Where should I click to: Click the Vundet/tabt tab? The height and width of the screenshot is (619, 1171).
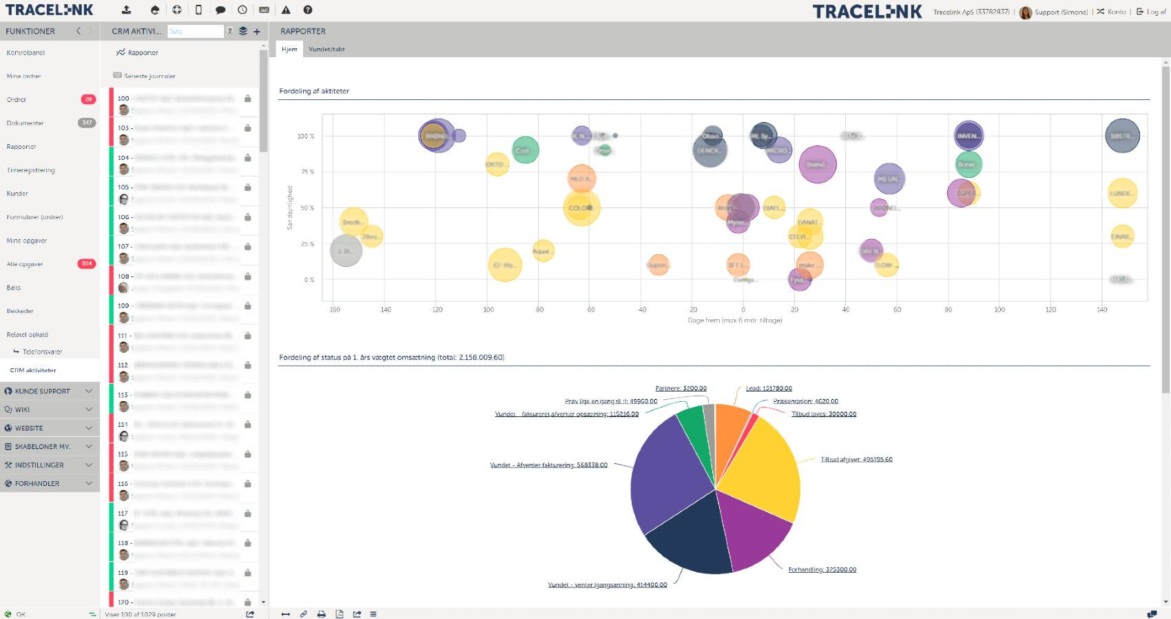click(x=327, y=50)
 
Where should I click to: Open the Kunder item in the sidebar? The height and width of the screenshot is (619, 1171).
click(x=18, y=194)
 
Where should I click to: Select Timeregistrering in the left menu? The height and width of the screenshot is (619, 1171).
click(x=30, y=170)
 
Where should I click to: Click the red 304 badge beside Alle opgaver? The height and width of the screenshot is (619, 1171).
click(x=87, y=264)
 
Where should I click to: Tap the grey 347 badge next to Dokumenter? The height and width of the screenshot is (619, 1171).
click(x=87, y=123)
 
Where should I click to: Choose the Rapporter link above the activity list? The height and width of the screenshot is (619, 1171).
click(x=143, y=52)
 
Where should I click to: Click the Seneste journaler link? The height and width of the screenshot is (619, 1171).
click(x=149, y=77)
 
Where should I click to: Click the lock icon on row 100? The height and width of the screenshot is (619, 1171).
click(x=248, y=99)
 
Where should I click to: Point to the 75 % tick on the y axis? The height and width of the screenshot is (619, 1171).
click(x=307, y=172)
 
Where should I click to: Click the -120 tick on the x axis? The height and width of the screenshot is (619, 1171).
click(x=436, y=310)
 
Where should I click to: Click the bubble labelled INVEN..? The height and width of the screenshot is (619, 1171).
click(x=968, y=136)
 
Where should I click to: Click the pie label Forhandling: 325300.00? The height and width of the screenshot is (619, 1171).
click(x=822, y=570)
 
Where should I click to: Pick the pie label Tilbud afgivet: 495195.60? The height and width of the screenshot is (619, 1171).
click(x=856, y=460)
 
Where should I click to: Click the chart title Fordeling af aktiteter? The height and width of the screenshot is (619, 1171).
click(x=314, y=91)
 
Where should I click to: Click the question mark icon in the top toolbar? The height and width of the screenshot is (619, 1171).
click(x=308, y=10)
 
